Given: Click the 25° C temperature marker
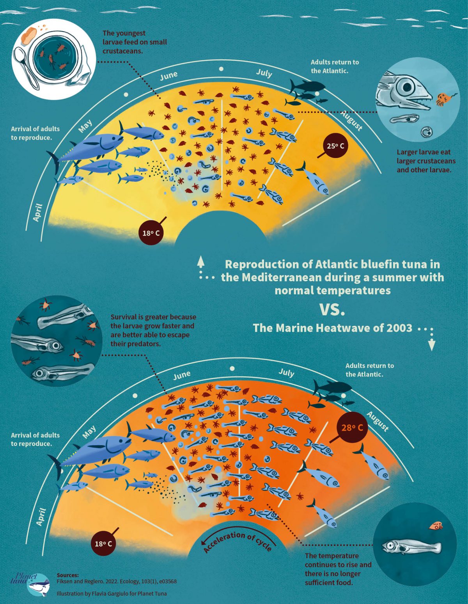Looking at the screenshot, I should (336, 146).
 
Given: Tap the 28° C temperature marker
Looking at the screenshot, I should (352, 428).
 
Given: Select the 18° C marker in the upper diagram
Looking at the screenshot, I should (151, 233).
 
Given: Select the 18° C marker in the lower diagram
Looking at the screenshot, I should (103, 544).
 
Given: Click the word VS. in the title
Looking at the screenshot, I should (332, 310).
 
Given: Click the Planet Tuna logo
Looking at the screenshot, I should (33, 583).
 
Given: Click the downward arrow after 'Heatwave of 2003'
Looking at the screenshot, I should (431, 345).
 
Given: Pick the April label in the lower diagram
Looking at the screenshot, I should (41, 517).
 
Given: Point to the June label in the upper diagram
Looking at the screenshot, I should (169, 75).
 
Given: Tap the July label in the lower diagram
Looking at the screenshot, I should (286, 372).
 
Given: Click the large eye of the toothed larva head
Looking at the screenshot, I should (406, 87).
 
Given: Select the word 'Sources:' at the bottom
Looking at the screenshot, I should (67, 575).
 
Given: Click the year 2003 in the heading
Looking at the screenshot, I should (399, 328).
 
